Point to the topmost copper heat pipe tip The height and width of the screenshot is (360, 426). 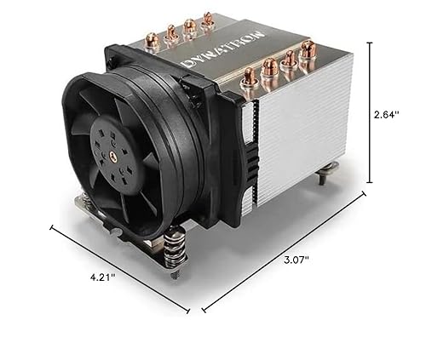207,17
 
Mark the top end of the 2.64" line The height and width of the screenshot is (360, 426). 370,43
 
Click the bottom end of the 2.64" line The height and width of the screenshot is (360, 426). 370,182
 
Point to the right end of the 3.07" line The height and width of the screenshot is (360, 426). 365,194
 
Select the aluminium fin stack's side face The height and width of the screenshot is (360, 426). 302,136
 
